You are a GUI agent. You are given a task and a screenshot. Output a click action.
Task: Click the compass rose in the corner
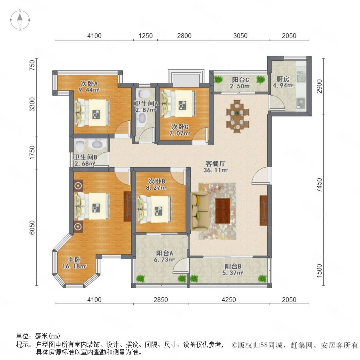pos(20,20)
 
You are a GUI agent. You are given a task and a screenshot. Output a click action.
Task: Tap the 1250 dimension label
pos(146,36)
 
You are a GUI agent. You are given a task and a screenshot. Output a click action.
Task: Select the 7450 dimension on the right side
pos(319,185)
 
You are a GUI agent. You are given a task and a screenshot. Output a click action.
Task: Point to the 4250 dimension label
pos(229,300)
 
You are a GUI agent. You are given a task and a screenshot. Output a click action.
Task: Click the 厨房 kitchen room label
pos(283,79)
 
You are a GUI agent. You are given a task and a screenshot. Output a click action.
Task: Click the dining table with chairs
pos(237,116)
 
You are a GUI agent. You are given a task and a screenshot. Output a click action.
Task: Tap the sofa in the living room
pos(199,211)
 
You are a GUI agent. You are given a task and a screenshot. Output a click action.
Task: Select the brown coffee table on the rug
pos(223,211)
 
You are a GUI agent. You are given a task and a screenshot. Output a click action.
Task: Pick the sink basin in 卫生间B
pos(98,145)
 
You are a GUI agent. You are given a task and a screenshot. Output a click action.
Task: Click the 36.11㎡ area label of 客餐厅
pos(216,170)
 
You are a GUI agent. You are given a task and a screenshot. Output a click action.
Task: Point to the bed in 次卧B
pos(154,209)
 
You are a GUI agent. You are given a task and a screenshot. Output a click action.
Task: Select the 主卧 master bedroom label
pos(74,260)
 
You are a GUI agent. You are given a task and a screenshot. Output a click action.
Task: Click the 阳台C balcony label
pos(240,80)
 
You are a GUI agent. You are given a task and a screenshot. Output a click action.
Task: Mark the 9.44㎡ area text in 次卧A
pos(89,90)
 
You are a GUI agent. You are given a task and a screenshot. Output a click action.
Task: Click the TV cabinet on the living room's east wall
pos(263,210)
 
